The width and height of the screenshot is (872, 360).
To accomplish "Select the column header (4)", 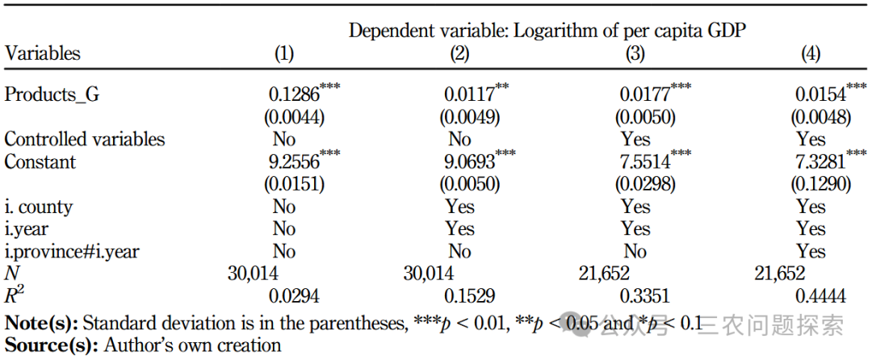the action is coord(811,54).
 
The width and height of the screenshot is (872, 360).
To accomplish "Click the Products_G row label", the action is coord(52,95).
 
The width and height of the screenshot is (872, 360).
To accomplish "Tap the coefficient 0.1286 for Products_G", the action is coord(294,95).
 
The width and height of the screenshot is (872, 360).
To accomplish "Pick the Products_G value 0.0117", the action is coord(469,95).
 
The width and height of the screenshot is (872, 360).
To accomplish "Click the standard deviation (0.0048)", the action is coord(820,117).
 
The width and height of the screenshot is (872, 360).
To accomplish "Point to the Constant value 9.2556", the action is coord(294,161).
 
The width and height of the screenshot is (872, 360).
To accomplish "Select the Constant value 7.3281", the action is coord(821,161).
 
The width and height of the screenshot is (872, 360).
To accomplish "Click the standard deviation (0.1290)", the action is coord(820,184).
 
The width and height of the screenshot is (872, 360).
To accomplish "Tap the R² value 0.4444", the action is coord(821,296).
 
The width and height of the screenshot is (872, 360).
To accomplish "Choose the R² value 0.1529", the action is coord(469,296).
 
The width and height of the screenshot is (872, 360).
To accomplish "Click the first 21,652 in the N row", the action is coord(604,274).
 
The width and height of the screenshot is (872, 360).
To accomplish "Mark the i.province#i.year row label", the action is coord(72,251).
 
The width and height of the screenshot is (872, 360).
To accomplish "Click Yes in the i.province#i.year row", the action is coord(811,251).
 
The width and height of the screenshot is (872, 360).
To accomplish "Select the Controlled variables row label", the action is coord(85,139).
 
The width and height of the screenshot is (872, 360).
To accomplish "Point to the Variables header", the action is coord(42,54).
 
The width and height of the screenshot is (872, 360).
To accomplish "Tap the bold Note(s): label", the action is coord(40,322).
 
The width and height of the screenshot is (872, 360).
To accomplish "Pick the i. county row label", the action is coord(39,207).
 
